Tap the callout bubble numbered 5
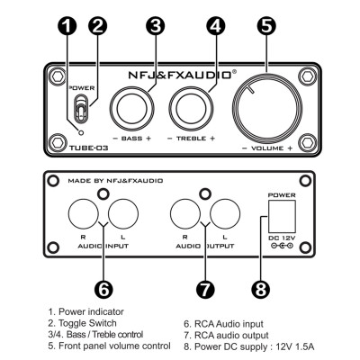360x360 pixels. click(266, 25)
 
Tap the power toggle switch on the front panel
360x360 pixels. click(81, 112)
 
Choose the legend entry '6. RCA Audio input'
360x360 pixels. click(225, 322)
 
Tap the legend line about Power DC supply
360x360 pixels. click(250, 344)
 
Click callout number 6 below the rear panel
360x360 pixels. click(103, 289)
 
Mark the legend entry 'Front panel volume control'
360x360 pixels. click(109, 344)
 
